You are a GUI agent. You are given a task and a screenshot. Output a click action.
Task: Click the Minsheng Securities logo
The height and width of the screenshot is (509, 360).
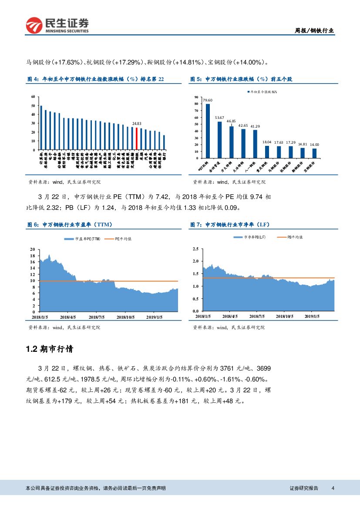tap(57, 26)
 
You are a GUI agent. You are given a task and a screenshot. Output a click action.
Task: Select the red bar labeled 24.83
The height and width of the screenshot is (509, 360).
tap(136, 138)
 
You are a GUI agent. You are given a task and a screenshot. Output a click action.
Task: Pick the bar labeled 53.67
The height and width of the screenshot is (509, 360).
tap(219, 139)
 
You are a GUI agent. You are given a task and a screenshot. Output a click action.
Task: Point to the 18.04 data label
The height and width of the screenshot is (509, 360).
tap(267, 142)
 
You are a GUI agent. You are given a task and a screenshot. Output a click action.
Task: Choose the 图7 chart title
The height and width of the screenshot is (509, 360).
tap(230, 225)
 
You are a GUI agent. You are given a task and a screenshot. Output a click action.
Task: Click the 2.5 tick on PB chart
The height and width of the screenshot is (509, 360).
tap(195, 249)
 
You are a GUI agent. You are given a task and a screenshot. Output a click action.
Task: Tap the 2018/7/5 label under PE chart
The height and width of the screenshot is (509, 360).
tap(97, 318)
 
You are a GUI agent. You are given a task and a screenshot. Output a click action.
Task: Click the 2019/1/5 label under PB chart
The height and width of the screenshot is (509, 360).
tap(312, 317)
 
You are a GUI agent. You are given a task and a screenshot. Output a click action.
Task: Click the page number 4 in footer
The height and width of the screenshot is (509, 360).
tap(333, 488)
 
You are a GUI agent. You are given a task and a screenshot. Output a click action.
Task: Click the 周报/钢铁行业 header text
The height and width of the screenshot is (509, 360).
tap(314, 30)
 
